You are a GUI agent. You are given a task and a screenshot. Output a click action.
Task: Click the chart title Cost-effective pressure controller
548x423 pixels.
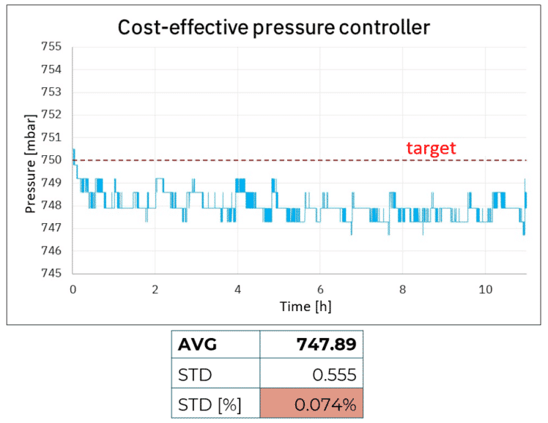(x=274, y=28)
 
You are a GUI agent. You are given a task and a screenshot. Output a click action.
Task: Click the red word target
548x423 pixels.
(x=431, y=149)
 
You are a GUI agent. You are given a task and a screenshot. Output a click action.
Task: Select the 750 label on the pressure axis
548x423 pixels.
(x=53, y=160)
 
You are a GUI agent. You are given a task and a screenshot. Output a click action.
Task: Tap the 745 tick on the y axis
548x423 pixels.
(x=53, y=273)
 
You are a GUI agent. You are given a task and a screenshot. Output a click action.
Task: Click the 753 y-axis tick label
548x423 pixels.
(x=53, y=93)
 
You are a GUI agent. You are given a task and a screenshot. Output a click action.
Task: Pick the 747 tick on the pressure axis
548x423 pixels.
(x=53, y=228)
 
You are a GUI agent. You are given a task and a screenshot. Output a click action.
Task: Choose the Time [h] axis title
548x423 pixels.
(x=306, y=307)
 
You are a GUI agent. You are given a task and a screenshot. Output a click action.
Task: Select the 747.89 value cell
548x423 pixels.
(x=327, y=344)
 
